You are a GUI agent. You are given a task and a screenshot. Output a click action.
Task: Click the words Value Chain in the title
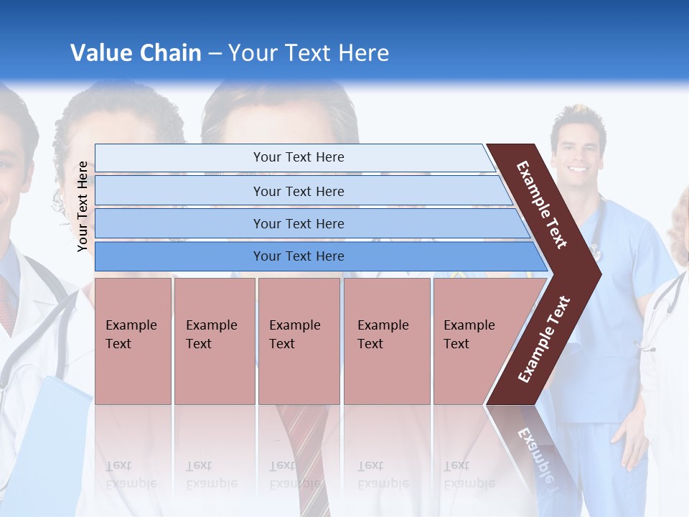click(136, 53)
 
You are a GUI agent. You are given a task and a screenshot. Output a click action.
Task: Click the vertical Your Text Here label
click(83, 206)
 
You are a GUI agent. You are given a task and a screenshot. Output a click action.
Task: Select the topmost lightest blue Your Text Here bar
click(298, 157)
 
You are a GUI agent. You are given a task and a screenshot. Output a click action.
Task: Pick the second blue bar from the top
click(298, 191)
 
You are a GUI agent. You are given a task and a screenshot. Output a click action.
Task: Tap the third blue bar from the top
click(298, 223)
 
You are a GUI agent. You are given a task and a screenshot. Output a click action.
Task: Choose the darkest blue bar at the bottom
click(298, 256)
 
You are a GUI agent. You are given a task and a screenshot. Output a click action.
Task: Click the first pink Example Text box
click(133, 340)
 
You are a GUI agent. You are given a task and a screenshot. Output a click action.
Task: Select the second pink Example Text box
click(214, 340)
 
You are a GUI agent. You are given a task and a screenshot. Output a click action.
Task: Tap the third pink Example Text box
click(298, 340)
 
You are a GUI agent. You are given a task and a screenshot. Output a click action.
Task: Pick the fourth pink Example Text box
click(386, 340)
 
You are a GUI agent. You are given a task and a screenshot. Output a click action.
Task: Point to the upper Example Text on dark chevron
click(542, 205)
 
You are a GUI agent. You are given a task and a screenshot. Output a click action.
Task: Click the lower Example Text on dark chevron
click(544, 340)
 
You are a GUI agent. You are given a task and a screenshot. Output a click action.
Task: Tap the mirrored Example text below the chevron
click(536, 452)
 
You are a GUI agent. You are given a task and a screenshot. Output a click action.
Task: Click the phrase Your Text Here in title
click(309, 53)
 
